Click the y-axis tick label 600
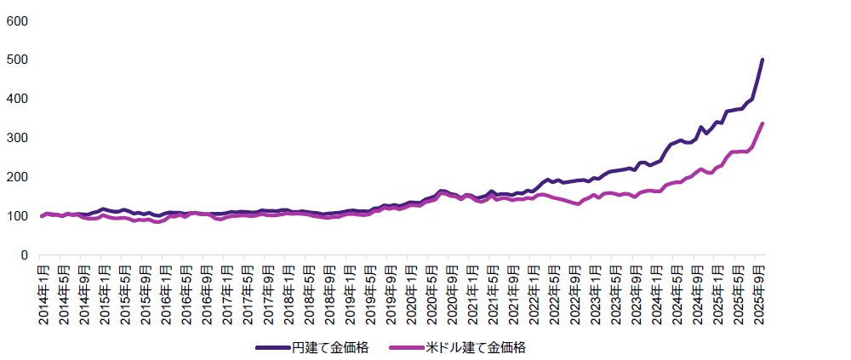(x=17, y=20)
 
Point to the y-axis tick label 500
(x=17, y=60)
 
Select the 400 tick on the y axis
(x=17, y=99)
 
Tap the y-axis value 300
(x=17, y=138)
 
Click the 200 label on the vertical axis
(x=17, y=177)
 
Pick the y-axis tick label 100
(x=17, y=216)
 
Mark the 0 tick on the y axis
(x=24, y=255)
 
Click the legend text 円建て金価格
(x=330, y=347)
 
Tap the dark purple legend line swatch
(x=272, y=347)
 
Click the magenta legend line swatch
(x=406, y=347)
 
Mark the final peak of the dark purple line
(x=762, y=60)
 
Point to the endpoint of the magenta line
(x=762, y=123)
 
